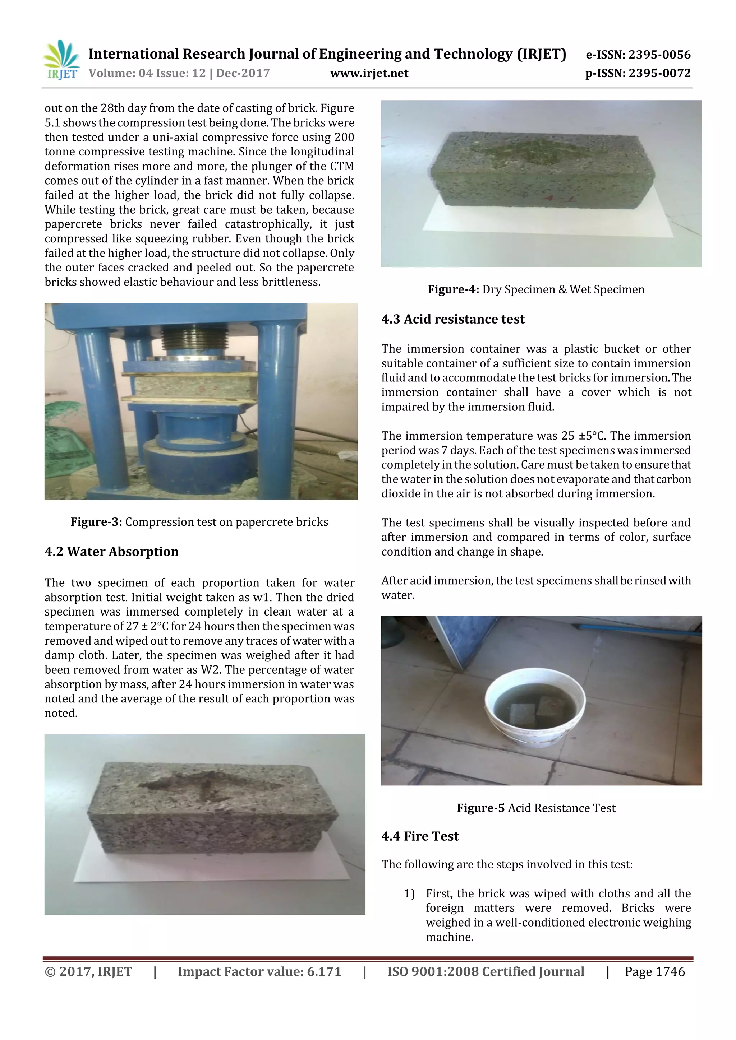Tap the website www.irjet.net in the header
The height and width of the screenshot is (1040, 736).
[369, 73]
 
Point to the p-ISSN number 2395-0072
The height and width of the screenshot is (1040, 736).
[659, 73]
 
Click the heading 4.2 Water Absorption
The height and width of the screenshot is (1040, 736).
[111, 552]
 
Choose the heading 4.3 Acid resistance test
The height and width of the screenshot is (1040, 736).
[453, 319]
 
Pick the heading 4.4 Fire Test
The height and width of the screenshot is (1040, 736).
[420, 836]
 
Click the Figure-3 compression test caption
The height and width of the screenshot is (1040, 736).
[199, 522]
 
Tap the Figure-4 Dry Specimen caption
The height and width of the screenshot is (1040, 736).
[536, 289]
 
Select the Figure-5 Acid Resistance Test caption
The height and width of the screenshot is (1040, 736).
[536, 808]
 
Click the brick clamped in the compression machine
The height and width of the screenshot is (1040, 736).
[190, 386]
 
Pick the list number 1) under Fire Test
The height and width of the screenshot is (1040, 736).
[409, 894]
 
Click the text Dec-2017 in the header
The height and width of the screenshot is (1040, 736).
[243, 73]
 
